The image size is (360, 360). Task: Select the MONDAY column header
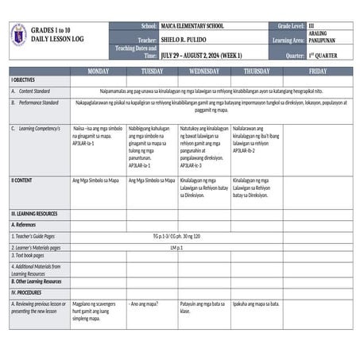coord(98,72)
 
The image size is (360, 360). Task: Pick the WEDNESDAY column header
coord(204,72)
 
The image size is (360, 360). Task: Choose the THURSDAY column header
coord(256,72)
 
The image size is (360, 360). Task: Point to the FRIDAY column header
coord(317,72)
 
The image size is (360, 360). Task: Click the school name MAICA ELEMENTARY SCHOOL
coord(192,26)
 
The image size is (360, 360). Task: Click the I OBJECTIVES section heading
coord(23,81)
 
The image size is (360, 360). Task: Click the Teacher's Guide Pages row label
coord(33,236)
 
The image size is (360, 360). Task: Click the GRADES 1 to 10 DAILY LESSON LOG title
coord(60,34)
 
